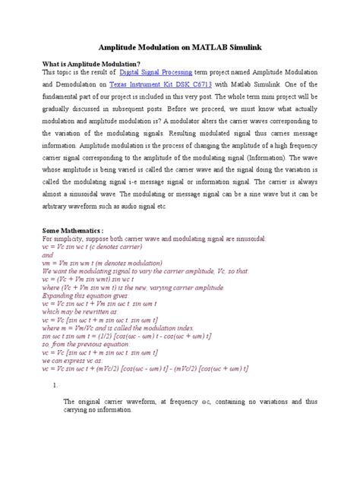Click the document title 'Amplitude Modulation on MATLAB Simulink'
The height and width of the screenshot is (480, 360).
tap(180, 46)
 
